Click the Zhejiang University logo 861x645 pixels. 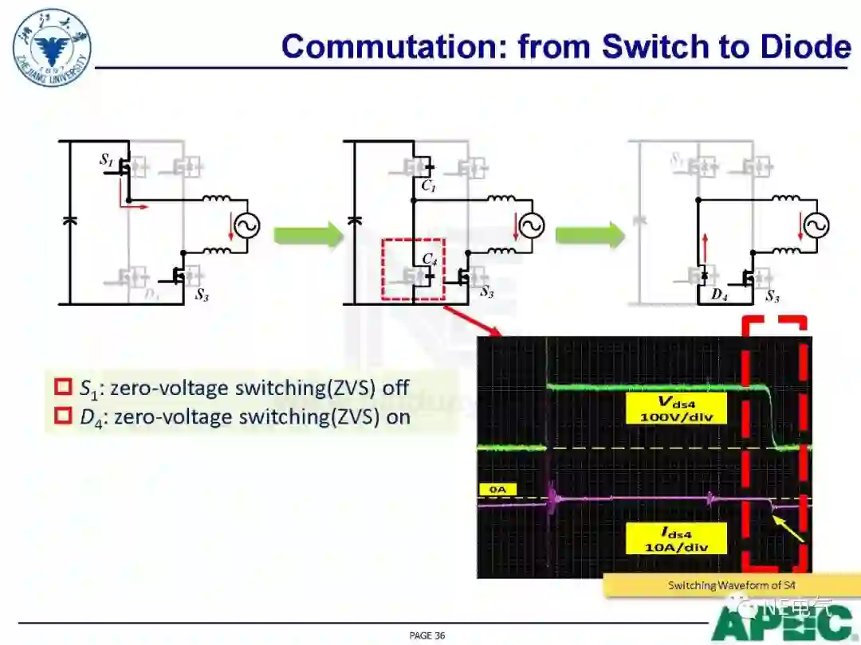pos(52,45)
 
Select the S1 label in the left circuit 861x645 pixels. pos(106,160)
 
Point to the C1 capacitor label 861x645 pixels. pos(429,186)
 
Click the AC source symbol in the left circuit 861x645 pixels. pos(245,226)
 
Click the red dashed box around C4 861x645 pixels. pos(413,269)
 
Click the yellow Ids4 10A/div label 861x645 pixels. pos(675,538)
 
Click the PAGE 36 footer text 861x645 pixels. pos(427,635)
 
